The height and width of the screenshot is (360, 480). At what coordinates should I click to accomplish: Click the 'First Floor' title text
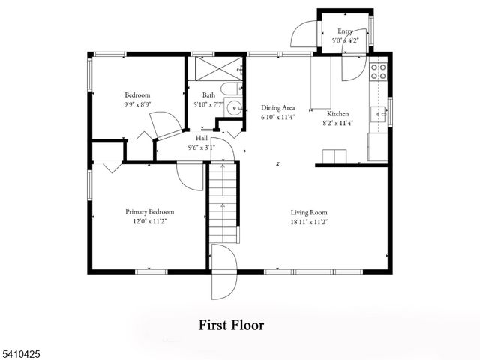231,325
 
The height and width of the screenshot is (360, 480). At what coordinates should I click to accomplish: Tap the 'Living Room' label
309,212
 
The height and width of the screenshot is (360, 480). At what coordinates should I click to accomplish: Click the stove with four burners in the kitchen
379,71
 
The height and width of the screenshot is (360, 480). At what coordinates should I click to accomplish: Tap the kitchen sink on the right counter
381,115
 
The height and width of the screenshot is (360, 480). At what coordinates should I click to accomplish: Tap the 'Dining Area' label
277,107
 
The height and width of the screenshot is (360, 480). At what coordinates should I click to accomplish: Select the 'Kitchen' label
337,113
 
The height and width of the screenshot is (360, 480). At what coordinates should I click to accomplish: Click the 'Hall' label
202,139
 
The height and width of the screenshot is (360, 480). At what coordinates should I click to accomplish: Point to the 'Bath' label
208,94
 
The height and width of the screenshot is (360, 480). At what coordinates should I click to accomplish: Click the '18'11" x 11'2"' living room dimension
309,222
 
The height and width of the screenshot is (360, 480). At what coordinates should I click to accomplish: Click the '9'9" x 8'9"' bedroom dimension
137,105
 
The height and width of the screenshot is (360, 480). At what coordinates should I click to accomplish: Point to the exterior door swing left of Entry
303,32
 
